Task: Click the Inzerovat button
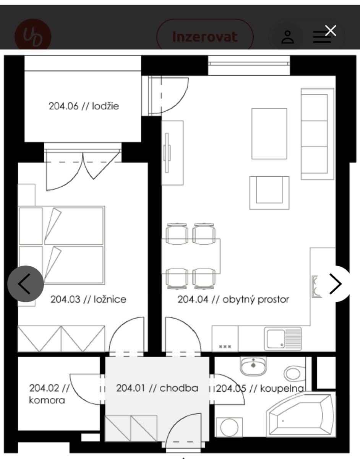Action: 205,37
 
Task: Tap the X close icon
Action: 331,31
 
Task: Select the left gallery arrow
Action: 26,284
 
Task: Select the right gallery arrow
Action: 335,284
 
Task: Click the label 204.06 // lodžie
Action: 84,106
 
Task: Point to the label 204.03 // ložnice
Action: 88,299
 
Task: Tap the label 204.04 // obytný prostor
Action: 233,299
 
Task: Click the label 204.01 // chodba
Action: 157,388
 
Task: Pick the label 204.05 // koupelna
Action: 260,389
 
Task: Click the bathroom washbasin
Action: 253,365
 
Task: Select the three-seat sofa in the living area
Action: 315,134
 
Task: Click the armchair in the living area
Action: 269,192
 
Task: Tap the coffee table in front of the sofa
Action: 269,133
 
